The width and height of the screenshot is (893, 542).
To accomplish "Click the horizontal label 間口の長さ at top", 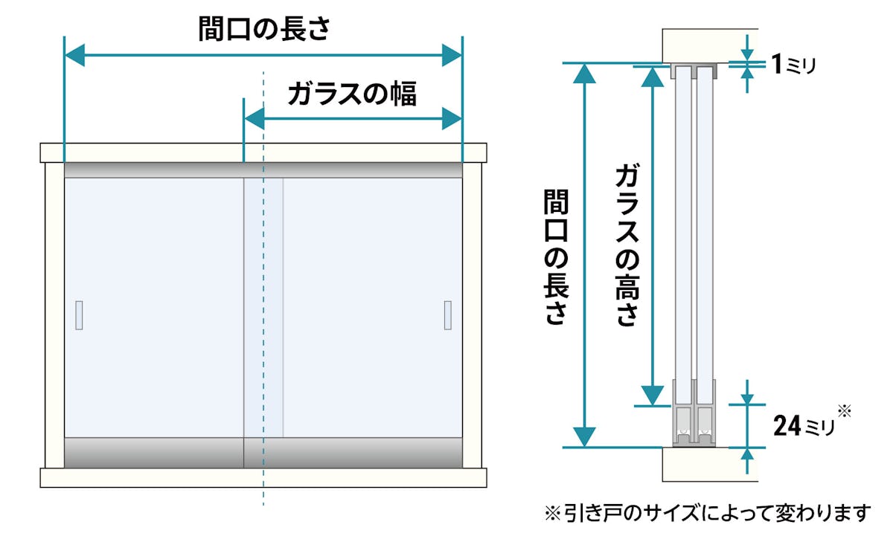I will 264,29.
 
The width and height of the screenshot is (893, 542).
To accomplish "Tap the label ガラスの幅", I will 351,94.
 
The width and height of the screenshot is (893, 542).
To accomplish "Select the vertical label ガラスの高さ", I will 627,245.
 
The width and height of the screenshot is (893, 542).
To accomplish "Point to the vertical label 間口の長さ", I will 555,257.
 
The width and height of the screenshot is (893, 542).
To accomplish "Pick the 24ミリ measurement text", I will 804,426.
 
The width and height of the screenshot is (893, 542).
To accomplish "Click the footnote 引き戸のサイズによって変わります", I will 708,512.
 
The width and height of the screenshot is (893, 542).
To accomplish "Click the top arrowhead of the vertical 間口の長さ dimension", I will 586,74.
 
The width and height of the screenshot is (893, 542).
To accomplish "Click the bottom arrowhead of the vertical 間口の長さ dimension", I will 586,436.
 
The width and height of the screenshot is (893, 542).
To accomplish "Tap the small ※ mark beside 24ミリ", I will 844,410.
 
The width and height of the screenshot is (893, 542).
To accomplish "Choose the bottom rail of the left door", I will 154,452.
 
